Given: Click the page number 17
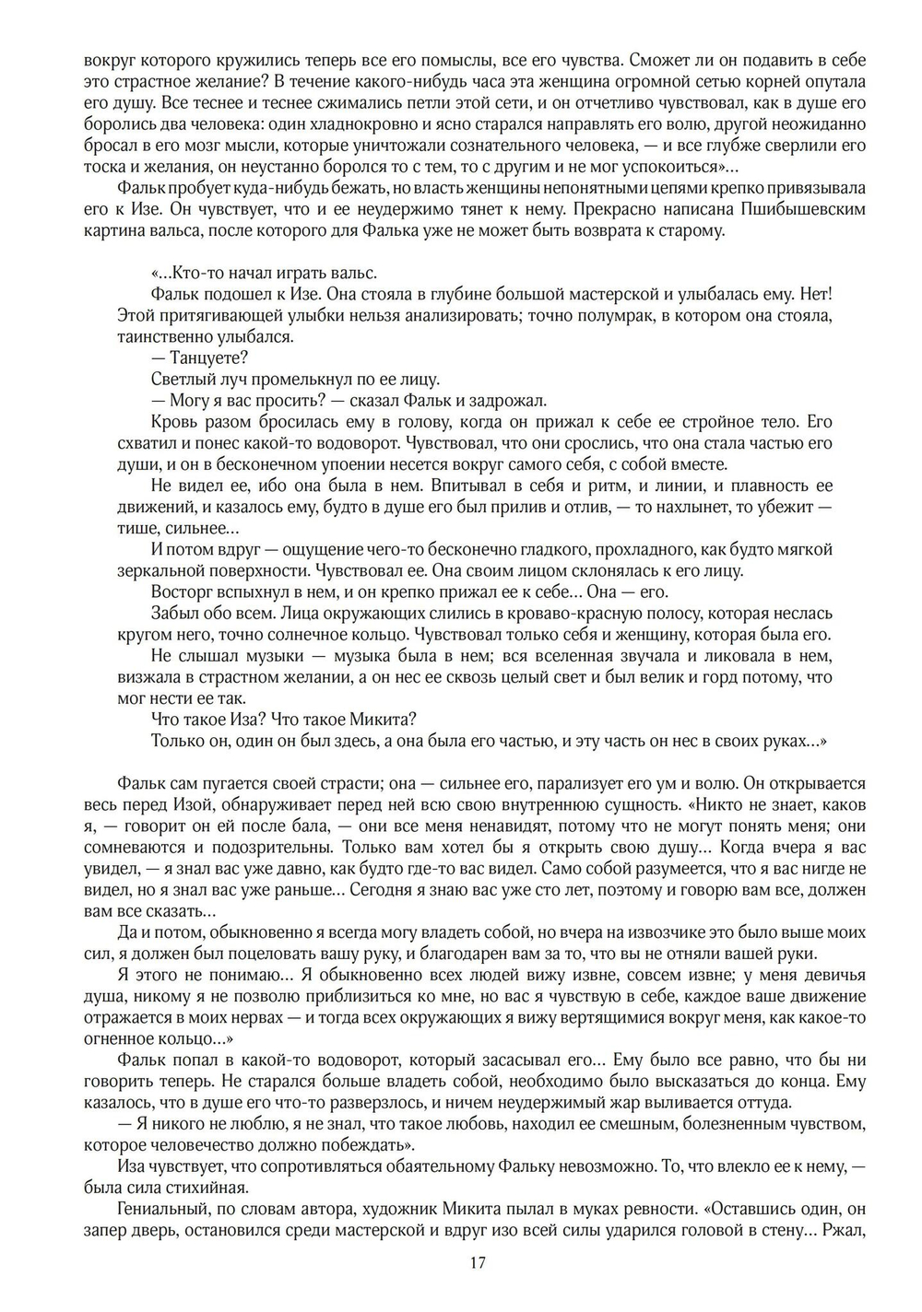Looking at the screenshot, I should click(478, 1262).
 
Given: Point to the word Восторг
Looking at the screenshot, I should click(179, 592).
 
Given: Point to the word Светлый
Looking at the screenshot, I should click(179, 379).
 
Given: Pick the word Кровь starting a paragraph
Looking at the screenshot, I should click(171, 422).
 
